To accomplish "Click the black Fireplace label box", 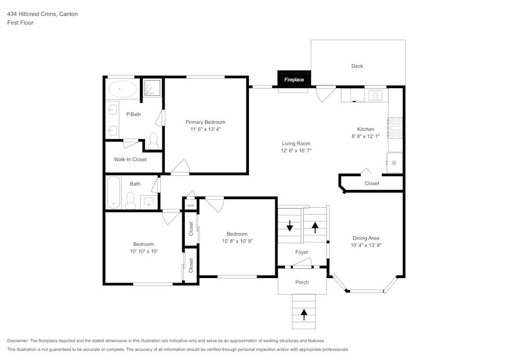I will pyautogui.click(x=294, y=79).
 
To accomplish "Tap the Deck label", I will pyautogui.click(x=357, y=66).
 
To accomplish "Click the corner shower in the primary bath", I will pyautogui.click(x=151, y=88).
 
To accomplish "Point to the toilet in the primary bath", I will pyautogui.click(x=154, y=140).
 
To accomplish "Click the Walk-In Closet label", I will pyautogui.click(x=130, y=159).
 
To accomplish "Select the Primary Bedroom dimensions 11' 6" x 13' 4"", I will pyautogui.click(x=205, y=130).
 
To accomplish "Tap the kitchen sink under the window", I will pyautogui.click(x=376, y=95).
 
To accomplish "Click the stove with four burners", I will pyautogui.click(x=395, y=128).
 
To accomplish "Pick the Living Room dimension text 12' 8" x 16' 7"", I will pyautogui.click(x=296, y=151).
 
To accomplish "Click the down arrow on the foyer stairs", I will pyautogui.click(x=290, y=226).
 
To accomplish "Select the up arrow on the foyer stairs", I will pyautogui.click(x=315, y=227).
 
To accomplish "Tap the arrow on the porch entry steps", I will pyautogui.click(x=304, y=315).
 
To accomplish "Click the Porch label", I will pyautogui.click(x=302, y=282).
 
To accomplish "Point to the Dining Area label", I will pyautogui.click(x=366, y=238).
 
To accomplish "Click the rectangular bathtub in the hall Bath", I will pyautogui.click(x=113, y=192).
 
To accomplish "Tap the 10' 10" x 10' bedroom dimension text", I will pyautogui.click(x=144, y=251).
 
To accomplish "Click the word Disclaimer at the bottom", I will pyautogui.click(x=18, y=341).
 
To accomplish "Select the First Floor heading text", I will pyautogui.click(x=20, y=23).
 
